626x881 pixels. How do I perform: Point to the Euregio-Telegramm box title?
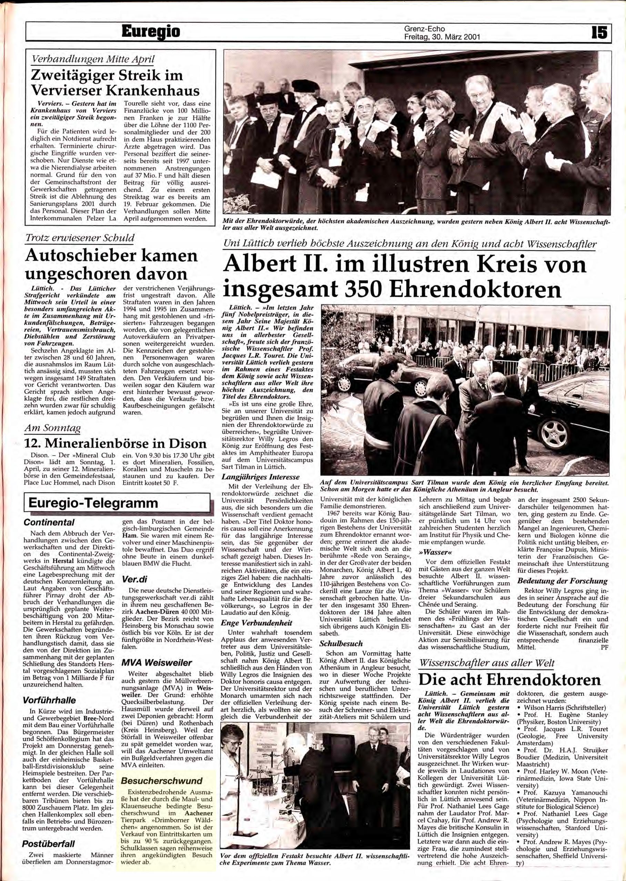point(90,503)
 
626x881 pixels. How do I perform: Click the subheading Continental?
point(49,522)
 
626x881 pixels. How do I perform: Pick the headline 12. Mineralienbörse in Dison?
point(115,443)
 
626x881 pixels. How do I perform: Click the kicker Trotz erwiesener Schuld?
point(79,238)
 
